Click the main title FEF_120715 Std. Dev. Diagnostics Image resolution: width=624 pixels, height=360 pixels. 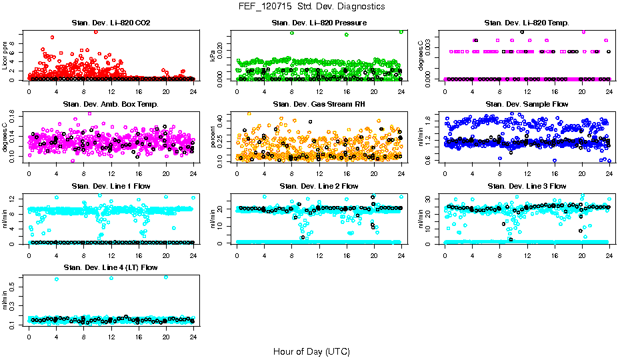click(311, 6)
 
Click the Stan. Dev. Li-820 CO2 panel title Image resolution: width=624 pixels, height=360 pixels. click(111, 23)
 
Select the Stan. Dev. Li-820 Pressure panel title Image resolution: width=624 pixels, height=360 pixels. click(319, 23)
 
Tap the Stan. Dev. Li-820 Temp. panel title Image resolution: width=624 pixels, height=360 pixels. click(527, 23)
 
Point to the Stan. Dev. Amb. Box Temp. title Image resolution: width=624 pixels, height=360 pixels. click(111, 104)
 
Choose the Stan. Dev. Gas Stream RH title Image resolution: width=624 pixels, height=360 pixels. click(319, 104)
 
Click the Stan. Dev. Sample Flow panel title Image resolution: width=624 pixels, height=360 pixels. click(527, 104)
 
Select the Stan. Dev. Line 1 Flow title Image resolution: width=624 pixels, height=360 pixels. click(111, 186)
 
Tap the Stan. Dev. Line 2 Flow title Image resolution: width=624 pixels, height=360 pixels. click(319, 186)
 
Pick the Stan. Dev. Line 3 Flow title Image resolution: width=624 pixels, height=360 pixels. click(527, 186)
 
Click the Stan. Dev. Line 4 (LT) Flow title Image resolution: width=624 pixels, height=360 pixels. click(111, 267)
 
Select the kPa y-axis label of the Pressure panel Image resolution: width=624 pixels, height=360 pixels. click(213, 56)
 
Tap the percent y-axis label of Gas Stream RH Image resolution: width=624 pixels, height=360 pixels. click(213, 137)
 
